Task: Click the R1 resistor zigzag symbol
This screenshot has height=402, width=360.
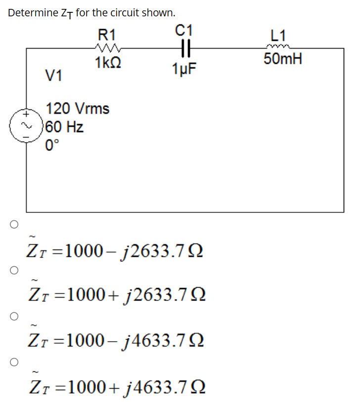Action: pyautogui.click(x=107, y=49)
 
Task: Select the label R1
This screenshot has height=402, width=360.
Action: pyautogui.click(x=107, y=35)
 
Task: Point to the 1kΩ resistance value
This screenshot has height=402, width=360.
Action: pyautogui.click(x=107, y=63)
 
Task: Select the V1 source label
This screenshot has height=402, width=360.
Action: pyautogui.click(x=54, y=76)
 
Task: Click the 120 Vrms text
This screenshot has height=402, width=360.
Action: pyautogui.click(x=78, y=108)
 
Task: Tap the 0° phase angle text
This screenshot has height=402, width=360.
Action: pyautogui.click(x=52, y=146)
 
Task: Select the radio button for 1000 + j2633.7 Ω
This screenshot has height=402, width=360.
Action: pyautogui.click(x=13, y=270)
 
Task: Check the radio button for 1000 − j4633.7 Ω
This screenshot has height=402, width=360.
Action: pyautogui.click(x=13, y=315)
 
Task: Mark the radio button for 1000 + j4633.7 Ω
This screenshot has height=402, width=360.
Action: pyautogui.click(x=13, y=361)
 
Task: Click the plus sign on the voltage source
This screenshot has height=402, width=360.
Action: pyautogui.click(x=21, y=113)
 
